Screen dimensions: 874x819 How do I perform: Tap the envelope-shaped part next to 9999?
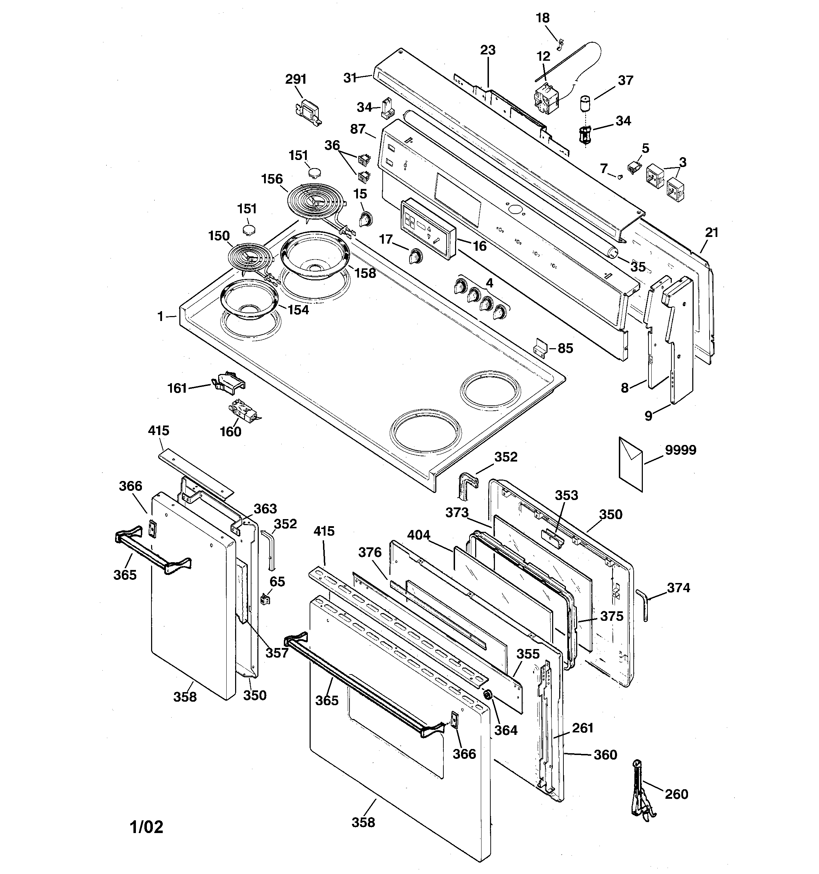pos(630,464)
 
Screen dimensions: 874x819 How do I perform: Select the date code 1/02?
pos(147,827)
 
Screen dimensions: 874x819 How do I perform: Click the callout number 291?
pos(295,79)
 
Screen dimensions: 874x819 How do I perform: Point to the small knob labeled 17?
pos(414,255)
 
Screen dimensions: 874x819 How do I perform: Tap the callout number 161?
pos(177,388)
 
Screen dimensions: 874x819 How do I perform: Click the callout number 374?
pos(678,588)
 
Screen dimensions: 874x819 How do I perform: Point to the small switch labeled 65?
pos(265,599)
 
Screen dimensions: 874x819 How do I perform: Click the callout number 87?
pos(358,129)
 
